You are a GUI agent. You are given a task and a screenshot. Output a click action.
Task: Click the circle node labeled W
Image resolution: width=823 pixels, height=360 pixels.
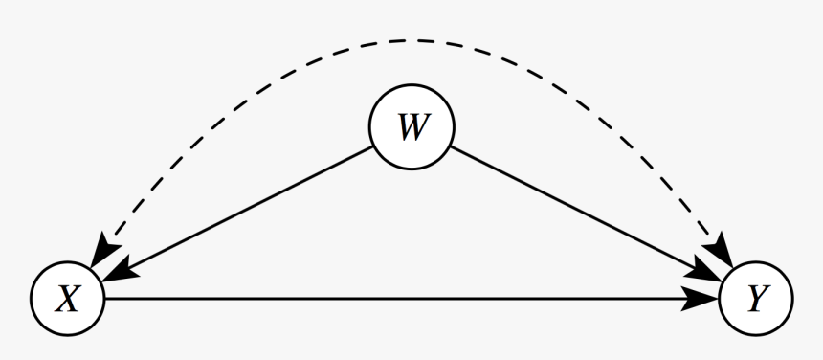[x=412, y=127]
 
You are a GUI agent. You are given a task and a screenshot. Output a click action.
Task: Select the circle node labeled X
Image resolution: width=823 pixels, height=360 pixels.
[x=67, y=299]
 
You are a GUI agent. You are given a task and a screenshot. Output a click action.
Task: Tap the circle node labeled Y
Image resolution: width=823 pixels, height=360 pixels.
[x=756, y=299]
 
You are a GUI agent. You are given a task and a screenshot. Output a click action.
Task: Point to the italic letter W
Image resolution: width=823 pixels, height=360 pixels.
[x=412, y=127]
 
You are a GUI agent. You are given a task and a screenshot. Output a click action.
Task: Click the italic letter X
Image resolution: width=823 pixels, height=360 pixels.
[x=67, y=300]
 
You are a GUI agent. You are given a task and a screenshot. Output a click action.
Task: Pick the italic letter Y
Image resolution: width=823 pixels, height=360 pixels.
[x=756, y=300]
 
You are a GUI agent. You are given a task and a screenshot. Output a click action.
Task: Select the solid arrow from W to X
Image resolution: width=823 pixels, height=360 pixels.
[x=239, y=214]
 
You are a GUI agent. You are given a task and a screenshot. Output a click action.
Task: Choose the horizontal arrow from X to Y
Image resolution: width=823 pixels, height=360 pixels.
[x=402, y=299]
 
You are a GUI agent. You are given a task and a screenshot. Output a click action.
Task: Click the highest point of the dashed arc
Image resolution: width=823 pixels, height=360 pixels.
[x=412, y=40]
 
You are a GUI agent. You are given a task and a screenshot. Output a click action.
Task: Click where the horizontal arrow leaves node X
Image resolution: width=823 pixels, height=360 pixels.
[x=105, y=299]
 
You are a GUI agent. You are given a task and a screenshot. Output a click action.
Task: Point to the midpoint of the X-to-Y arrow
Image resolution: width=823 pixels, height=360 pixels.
[x=411, y=299]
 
